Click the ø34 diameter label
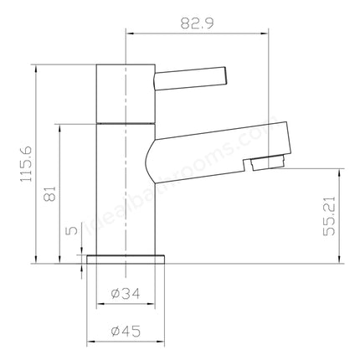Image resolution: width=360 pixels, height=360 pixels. (126, 293)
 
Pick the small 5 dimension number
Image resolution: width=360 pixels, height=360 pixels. (73, 229)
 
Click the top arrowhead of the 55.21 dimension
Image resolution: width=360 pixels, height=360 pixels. (339, 171)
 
